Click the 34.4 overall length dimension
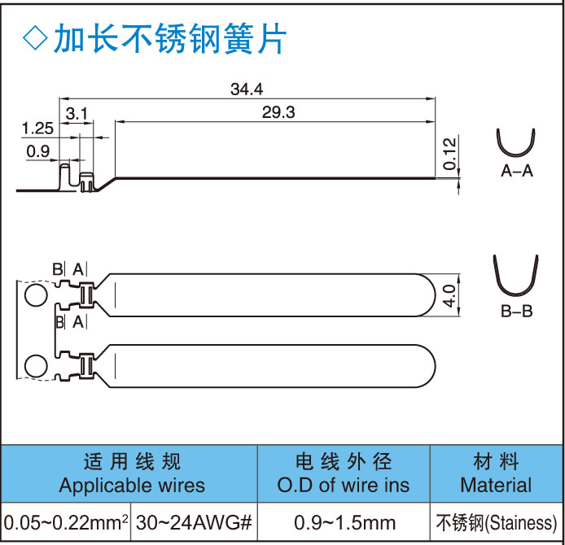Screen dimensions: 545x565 247,89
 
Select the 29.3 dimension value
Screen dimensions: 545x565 278,113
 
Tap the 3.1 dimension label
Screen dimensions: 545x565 77,113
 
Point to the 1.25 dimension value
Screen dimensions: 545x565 37,128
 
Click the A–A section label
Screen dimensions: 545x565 517,171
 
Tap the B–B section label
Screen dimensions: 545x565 516,311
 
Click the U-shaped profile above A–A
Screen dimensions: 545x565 516,144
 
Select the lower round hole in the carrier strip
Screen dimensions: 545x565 36,366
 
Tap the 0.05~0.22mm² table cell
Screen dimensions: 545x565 68,521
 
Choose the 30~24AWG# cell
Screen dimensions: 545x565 195,521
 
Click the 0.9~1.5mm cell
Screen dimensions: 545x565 344,521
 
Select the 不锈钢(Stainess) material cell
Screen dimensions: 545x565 496,521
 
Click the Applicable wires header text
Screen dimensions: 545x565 132,486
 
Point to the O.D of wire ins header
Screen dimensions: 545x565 344,486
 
